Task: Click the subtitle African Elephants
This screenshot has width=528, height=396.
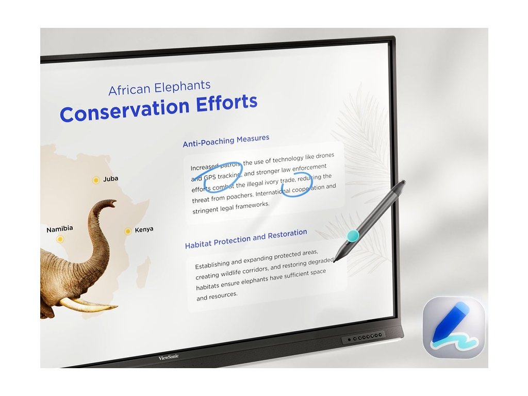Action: tap(159, 88)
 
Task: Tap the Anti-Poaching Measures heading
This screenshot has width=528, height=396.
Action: tap(226, 141)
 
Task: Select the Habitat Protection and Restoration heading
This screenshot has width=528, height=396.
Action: tap(246, 238)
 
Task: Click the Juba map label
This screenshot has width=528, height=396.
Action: tap(110, 178)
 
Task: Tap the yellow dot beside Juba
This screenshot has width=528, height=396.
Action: tap(96, 180)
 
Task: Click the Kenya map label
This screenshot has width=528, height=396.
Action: tap(144, 229)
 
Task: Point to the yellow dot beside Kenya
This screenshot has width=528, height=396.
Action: tap(128, 232)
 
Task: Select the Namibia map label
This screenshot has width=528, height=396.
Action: tap(60, 229)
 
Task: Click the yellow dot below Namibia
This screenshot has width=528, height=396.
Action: tap(60, 239)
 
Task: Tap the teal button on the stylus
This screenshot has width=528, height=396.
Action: tap(353, 236)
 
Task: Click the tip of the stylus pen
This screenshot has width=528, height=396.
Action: tap(334, 261)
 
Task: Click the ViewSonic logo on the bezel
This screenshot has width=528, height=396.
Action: tap(169, 357)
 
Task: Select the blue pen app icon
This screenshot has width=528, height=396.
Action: tap(454, 327)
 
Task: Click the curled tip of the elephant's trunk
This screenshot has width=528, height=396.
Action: tap(112, 203)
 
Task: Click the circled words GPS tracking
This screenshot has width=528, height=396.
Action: tap(222, 176)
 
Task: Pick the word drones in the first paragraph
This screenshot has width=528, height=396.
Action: tap(325, 156)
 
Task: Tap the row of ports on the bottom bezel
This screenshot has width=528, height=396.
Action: tap(364, 337)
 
